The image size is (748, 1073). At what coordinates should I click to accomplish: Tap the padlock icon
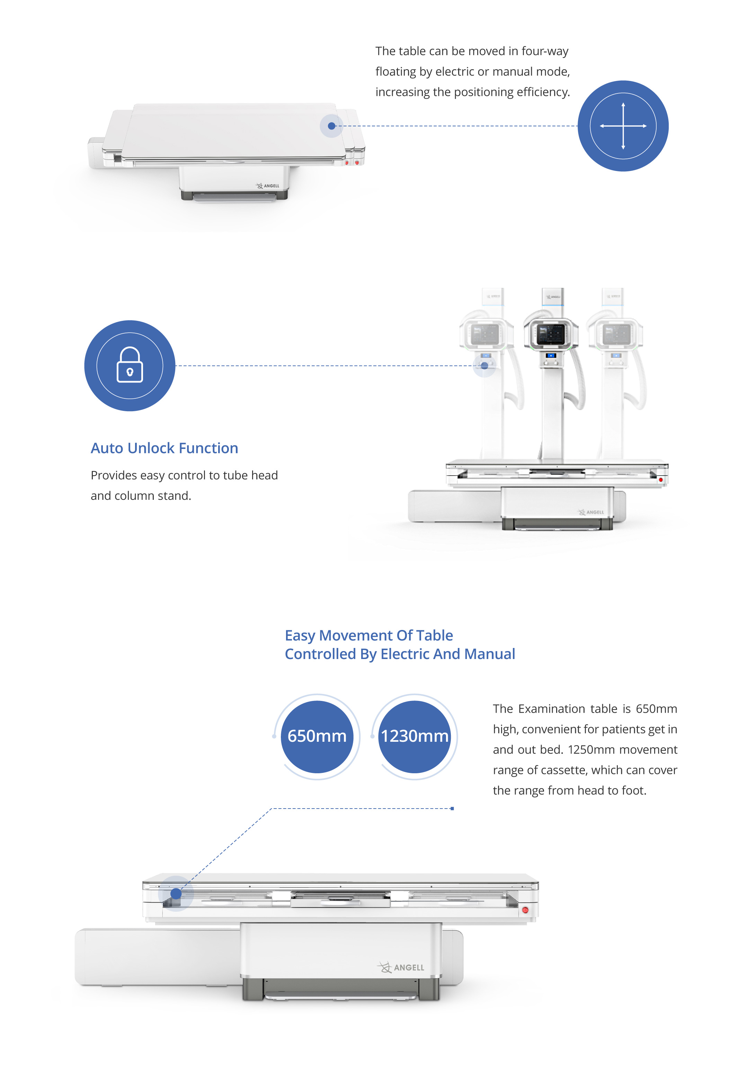point(130,366)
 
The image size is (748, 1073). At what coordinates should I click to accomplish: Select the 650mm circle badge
point(317,736)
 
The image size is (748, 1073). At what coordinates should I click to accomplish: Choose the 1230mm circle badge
point(414,736)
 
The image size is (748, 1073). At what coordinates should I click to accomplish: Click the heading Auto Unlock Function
point(164,448)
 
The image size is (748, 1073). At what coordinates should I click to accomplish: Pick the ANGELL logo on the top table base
point(268,186)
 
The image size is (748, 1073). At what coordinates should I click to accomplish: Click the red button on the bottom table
point(525,910)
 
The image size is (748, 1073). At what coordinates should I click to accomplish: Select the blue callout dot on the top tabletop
point(331,126)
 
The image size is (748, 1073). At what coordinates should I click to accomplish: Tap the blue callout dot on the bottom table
point(176,894)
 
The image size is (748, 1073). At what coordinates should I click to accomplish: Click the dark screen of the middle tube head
point(551,334)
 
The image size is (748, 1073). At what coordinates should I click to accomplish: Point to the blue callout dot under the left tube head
point(484,366)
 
